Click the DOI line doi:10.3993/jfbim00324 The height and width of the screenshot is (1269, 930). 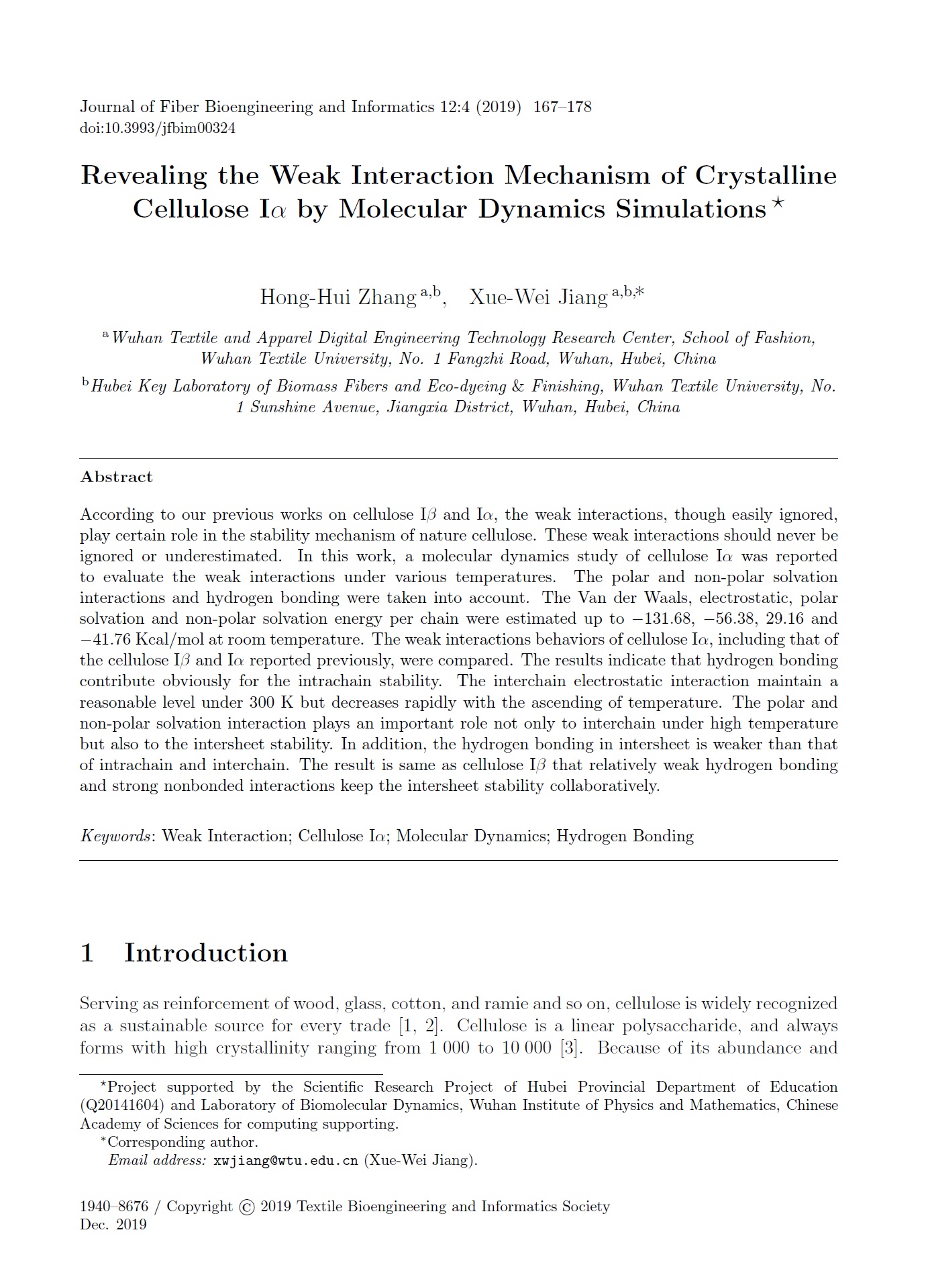[x=158, y=128]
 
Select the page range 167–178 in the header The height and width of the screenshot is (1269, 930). [x=562, y=107]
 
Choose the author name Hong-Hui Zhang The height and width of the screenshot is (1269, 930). [x=338, y=297]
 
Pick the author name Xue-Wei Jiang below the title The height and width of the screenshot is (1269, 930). [x=538, y=297]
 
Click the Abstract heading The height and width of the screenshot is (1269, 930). [x=116, y=477]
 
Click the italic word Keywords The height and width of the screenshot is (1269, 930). [x=115, y=836]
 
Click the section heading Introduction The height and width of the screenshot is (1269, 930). [x=205, y=953]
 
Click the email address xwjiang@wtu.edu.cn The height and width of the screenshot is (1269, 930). [x=285, y=1160]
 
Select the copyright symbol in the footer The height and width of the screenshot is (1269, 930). [x=246, y=1207]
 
